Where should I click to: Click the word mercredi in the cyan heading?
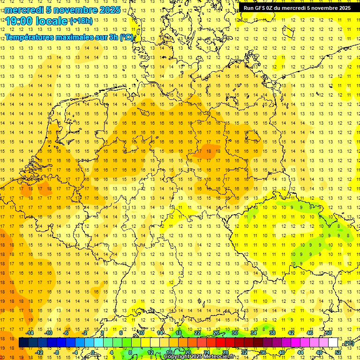pos(24,10)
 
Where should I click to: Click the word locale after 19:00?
pos(51,21)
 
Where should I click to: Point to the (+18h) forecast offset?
pos(81,21)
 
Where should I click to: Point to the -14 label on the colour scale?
pos(30,333)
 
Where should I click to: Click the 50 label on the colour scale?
pos(329,333)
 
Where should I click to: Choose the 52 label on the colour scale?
pos(338,352)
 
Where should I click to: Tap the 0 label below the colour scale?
pos(93,352)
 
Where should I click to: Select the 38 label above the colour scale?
pos(272,333)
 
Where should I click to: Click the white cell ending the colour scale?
pos(333,343)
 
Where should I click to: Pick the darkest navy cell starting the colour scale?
pos(23,343)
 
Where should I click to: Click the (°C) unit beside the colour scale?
pos(348,344)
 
